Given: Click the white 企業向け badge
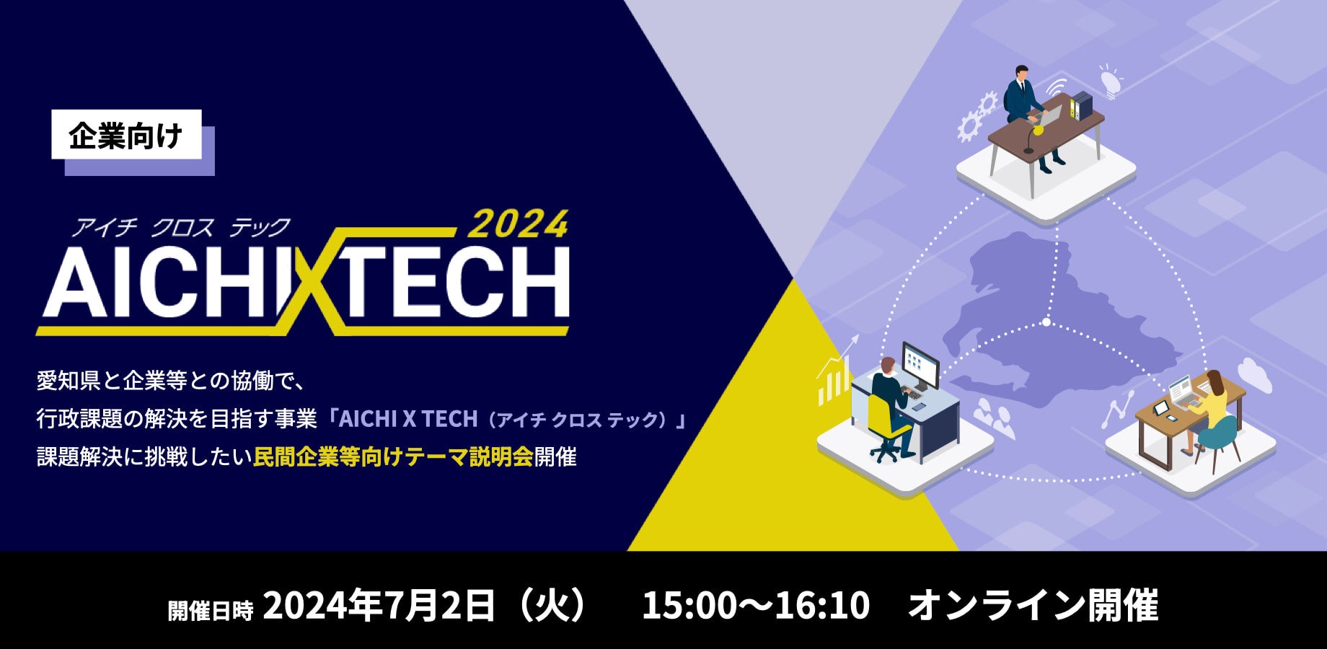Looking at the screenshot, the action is coord(126,134).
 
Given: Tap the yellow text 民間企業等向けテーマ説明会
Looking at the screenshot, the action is coord(393,456).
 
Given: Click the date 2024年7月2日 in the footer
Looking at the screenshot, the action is coord(379,605).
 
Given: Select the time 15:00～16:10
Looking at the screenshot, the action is coord(756,606).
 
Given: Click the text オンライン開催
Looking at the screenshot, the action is coord(1033,605).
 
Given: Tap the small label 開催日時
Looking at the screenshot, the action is coord(211,610).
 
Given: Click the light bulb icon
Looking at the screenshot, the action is coord(1108,80).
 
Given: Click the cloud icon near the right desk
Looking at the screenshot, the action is coord(1254,376).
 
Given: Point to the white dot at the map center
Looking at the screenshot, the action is coord(1046,322).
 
